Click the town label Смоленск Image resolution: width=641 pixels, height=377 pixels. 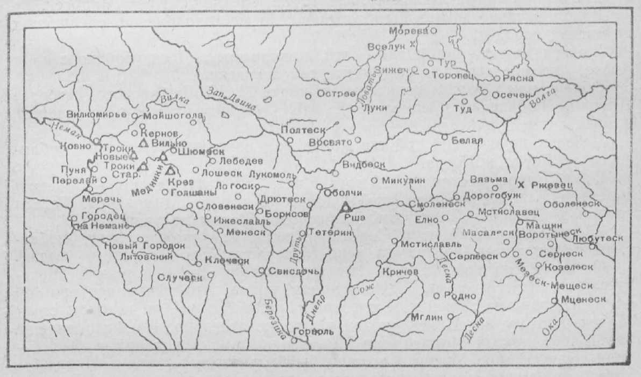[437, 205]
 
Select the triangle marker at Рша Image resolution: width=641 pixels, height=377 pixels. [346, 206]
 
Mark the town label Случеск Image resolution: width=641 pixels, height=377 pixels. [180, 278]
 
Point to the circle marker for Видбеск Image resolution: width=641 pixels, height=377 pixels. [335, 173]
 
